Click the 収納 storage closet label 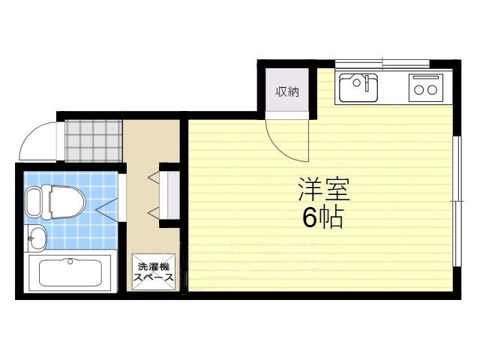(287, 91)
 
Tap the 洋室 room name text (324, 189)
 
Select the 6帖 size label (322, 217)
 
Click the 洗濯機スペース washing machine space (154, 271)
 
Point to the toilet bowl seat (67, 202)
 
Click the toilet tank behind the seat (34, 202)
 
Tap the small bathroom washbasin (36, 238)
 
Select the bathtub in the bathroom (70, 273)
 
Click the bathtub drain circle (70, 261)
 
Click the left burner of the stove (418, 90)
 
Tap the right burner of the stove (432, 90)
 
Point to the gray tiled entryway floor (93, 140)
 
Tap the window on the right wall (457, 201)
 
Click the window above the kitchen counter (382, 64)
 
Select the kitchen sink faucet (367, 82)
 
